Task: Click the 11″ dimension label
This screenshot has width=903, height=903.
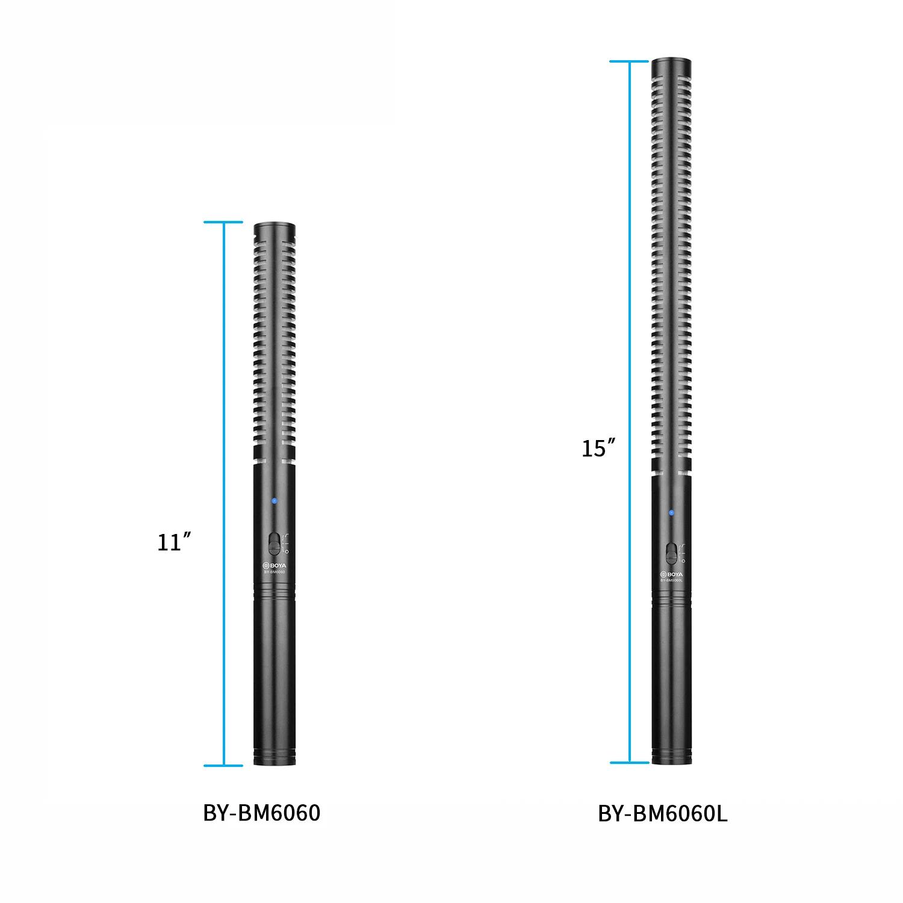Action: click(170, 542)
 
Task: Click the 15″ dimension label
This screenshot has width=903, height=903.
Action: click(598, 448)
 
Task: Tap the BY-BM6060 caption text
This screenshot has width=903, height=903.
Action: click(262, 813)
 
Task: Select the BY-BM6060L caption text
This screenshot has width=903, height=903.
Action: click(663, 813)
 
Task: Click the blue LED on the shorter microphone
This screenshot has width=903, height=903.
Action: click(274, 501)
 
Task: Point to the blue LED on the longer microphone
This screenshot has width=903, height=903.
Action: click(671, 513)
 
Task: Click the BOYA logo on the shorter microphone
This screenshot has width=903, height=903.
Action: click(275, 565)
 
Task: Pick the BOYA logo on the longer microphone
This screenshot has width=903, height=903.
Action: click(671, 574)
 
